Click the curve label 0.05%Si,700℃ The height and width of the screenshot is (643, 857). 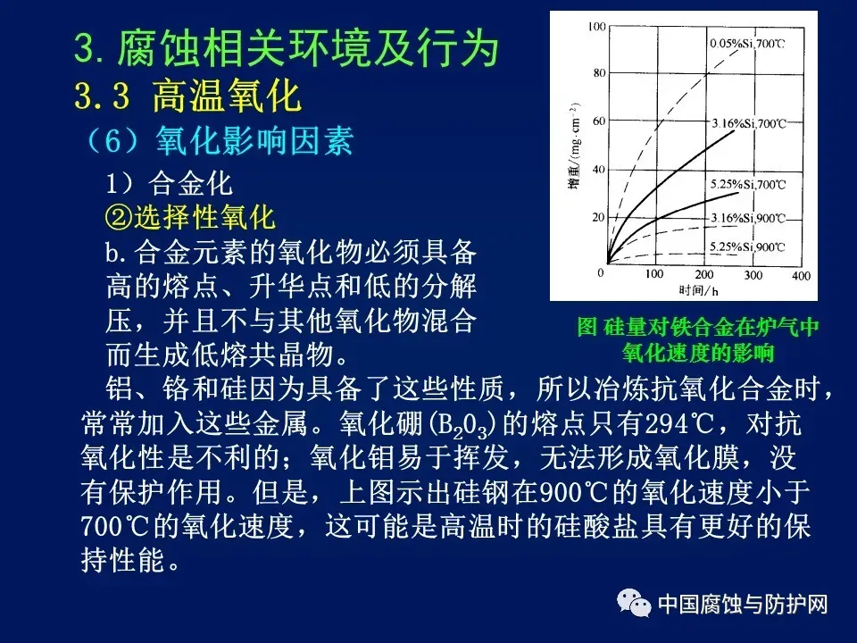click(747, 43)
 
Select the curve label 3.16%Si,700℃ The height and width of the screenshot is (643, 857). click(748, 123)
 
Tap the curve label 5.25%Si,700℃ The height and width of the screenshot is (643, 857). click(748, 184)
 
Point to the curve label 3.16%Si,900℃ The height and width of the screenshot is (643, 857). click(748, 218)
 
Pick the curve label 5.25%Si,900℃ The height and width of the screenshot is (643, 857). click(747, 247)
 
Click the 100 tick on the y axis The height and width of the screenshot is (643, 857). click(597, 26)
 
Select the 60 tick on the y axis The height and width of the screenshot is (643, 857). click(600, 121)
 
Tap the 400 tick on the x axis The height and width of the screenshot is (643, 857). click(801, 276)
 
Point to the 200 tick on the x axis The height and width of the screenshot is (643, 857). click(704, 274)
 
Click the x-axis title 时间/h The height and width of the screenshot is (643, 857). click(698, 289)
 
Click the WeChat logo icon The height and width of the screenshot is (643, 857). click(634, 603)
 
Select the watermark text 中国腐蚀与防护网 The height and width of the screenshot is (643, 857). click(743, 605)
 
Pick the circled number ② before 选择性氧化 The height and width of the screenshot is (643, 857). click(119, 217)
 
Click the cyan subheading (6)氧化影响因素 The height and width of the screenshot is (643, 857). click(218, 140)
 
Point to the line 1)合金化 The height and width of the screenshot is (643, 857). click(169, 183)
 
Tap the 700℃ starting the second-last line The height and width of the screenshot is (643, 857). click(115, 526)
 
